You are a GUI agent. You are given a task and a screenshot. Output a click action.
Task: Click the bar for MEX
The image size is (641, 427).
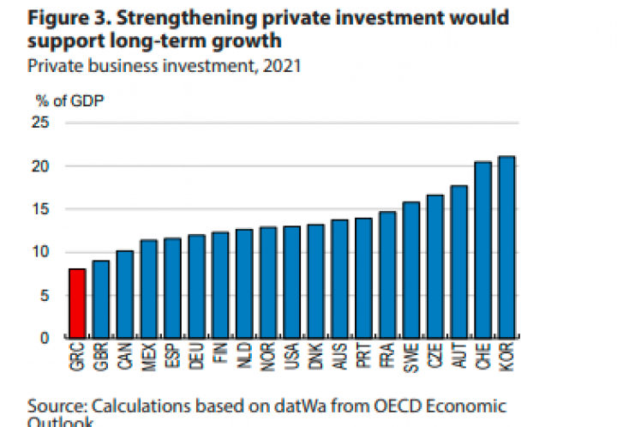pos(149,289)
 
